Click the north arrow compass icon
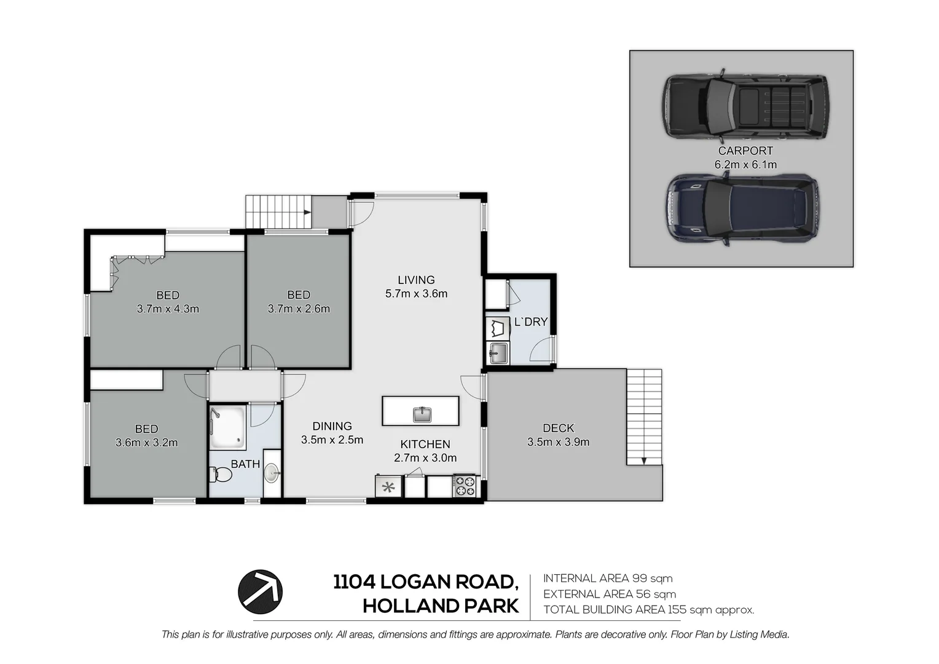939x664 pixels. [261, 592]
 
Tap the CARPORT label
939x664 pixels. [745, 151]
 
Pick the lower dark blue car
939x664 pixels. [743, 210]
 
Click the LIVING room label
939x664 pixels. [416, 280]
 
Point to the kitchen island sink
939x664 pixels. [422, 414]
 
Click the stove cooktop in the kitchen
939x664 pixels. [465, 486]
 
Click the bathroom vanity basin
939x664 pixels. [272, 473]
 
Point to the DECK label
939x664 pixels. [558, 428]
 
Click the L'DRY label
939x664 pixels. [530, 322]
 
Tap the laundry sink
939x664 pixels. [498, 353]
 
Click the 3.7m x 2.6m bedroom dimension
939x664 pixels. [299, 309]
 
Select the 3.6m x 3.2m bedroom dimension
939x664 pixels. [146, 442]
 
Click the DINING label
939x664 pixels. [332, 426]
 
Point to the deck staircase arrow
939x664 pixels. [643, 460]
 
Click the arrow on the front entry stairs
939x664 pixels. [306, 212]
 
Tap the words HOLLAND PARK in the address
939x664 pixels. [441, 606]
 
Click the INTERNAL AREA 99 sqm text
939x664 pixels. [608, 578]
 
